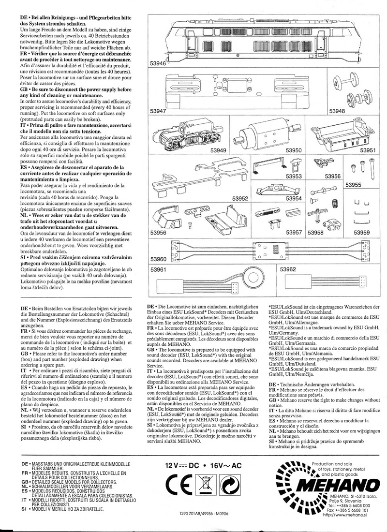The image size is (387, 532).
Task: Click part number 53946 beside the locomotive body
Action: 158,63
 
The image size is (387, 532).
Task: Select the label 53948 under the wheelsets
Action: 338,111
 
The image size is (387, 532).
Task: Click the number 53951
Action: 366,150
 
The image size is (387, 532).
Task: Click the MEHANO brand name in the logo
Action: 334,484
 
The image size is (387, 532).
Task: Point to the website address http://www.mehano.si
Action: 345,515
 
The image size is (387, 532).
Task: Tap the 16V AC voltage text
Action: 231,466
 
